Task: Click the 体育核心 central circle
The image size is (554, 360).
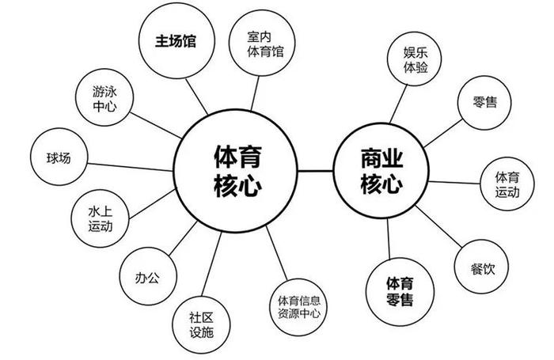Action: [x=236, y=171]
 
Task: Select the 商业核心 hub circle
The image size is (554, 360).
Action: [x=381, y=171]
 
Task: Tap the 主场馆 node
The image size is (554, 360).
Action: [x=176, y=40]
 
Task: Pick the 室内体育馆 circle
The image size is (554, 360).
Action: [x=262, y=43]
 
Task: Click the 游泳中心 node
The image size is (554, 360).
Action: [x=104, y=97]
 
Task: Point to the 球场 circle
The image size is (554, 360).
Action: [x=59, y=157]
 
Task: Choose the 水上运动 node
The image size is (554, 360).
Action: [x=101, y=219]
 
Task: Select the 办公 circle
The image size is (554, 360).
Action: [x=148, y=276]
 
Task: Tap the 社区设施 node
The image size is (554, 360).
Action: [x=201, y=324]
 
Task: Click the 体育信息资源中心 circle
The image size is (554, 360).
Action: [x=299, y=307]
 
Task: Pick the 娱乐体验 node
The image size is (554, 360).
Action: [x=415, y=59]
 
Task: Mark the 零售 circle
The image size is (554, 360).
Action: [x=484, y=102]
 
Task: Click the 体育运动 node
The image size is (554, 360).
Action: [x=507, y=184]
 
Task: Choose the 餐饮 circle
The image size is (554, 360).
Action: [x=481, y=267]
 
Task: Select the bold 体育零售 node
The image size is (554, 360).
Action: [x=400, y=292]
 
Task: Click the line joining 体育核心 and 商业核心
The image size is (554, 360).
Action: [x=316, y=171]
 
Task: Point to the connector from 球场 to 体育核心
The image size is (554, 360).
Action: [x=130, y=167]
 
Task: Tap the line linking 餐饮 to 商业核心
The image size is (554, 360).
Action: [x=438, y=226]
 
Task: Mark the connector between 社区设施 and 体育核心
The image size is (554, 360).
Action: [x=211, y=264]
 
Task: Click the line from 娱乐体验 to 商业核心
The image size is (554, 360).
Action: [x=398, y=104]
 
